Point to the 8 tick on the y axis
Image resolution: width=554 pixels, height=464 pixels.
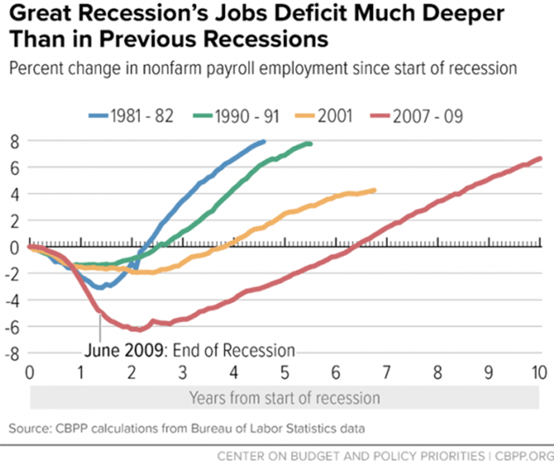coord(15,141)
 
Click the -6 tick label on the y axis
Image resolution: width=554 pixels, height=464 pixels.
coord(12,327)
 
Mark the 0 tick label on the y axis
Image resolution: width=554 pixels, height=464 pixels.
coord(15,247)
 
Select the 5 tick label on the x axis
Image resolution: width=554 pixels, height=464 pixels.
coord(285,371)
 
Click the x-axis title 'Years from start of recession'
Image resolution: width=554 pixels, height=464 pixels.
coord(284,397)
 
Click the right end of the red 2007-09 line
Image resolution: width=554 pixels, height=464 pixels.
coord(540,159)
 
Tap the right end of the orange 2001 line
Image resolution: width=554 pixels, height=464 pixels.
coord(375,190)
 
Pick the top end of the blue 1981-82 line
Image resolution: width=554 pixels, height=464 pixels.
coord(264,141)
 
